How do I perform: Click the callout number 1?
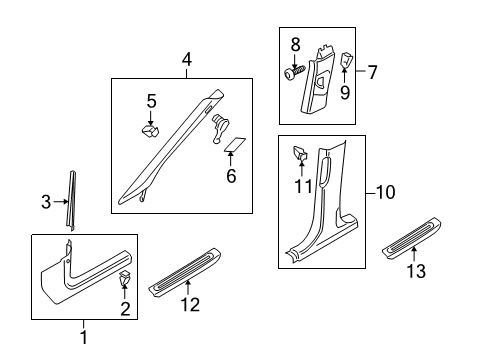(x=84, y=337)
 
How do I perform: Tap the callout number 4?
(x=187, y=60)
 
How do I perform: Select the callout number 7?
(x=372, y=72)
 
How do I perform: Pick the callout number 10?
(x=385, y=192)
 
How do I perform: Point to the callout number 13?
(x=416, y=270)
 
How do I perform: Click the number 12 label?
(x=190, y=304)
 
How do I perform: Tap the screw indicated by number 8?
(x=295, y=72)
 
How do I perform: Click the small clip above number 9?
(x=346, y=60)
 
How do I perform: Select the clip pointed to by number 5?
(x=150, y=130)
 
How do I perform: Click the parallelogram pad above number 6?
(x=235, y=144)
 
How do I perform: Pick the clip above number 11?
(x=300, y=152)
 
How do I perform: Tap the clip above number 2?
(x=125, y=278)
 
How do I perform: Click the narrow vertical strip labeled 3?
(x=71, y=200)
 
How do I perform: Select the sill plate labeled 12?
(x=185, y=270)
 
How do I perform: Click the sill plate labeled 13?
(x=412, y=237)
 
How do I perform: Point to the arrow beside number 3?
(x=61, y=201)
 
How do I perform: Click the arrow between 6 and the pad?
(x=231, y=159)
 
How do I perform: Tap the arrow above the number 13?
(x=414, y=254)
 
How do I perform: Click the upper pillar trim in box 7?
(x=317, y=80)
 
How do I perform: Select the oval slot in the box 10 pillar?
(x=325, y=171)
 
